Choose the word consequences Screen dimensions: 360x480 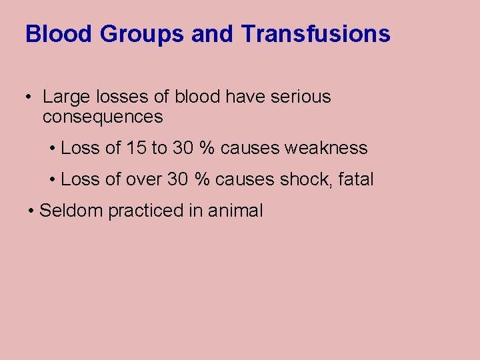click(x=103, y=117)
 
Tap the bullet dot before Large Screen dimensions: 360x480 click(x=29, y=97)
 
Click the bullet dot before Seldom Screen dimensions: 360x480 click(x=32, y=211)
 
